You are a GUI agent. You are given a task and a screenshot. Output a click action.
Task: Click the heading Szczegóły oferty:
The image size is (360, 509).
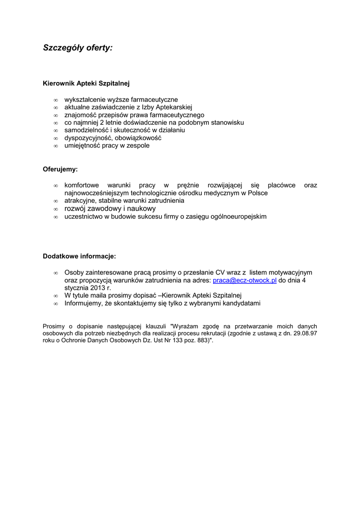(78, 48)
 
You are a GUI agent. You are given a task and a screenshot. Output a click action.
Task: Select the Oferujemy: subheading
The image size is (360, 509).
(60, 169)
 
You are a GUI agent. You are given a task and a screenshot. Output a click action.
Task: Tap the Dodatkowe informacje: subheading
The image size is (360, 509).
(79, 256)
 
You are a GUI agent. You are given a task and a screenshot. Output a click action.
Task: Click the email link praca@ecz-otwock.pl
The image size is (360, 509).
(244, 280)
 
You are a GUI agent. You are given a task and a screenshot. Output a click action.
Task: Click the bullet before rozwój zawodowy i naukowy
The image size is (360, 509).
(56, 209)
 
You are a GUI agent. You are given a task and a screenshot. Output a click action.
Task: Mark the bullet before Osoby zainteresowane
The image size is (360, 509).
(56, 273)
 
